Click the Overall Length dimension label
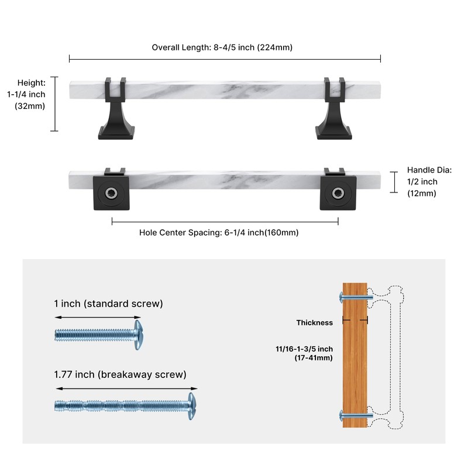pos(222,47)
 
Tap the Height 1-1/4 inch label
pos(26,94)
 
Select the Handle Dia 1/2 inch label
pos(429,182)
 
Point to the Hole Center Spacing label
pos(219,232)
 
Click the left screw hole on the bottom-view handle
pos(111,193)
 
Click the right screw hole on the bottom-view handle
pos(338,193)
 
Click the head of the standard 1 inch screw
pos(137,335)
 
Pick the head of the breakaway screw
pos(192,406)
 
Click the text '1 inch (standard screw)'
pos(108,304)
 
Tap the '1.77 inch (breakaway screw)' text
pos(120,374)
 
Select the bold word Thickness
pos(315,323)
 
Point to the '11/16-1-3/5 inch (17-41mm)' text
pos(304,353)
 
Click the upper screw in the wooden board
pos(356,297)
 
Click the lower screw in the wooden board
pos(356,415)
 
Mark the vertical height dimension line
pos(54,104)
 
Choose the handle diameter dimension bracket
pos(394,182)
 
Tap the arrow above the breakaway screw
pos(126,388)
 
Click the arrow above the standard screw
pos(98,317)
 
